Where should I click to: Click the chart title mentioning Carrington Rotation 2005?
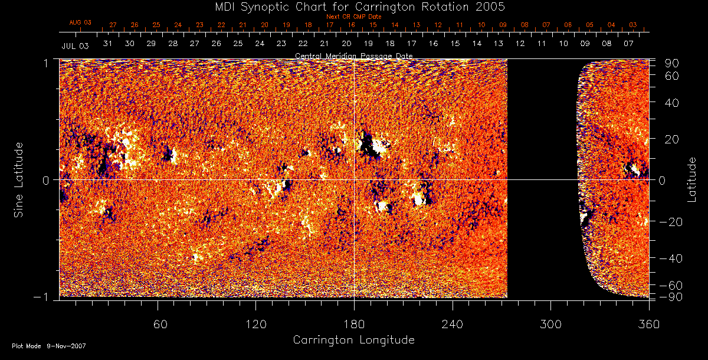[353, 6]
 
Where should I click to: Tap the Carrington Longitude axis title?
[353, 341]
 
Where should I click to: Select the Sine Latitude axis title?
[19, 179]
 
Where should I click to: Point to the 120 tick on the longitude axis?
[255, 324]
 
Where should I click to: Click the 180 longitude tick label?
[353, 324]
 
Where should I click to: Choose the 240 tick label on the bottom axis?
[452, 324]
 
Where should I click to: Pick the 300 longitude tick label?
[550, 324]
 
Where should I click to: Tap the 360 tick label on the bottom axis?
[648, 324]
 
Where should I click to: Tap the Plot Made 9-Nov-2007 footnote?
[49, 346]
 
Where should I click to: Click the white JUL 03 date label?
[75, 45]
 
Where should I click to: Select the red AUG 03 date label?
[80, 22]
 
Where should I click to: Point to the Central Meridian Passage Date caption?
[353, 55]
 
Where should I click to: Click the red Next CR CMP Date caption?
[353, 17]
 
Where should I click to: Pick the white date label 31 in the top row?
[107, 44]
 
